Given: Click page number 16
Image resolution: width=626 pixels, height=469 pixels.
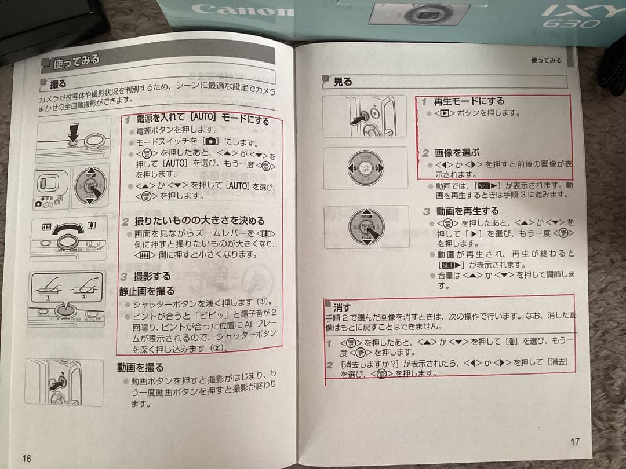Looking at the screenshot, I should click(x=27, y=457).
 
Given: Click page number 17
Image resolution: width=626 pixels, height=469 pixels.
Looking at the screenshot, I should click(x=574, y=442).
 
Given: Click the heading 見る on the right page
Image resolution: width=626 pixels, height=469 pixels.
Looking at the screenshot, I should click(x=342, y=82).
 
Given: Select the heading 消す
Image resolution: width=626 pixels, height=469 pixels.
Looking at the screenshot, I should click(x=343, y=306).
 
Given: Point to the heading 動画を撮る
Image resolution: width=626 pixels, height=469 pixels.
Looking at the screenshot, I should click(x=140, y=367).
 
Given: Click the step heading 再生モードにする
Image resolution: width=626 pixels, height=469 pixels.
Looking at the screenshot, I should click(x=469, y=101).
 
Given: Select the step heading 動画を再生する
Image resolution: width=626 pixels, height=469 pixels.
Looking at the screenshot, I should click(x=467, y=211).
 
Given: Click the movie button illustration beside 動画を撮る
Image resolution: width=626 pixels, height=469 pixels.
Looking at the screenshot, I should click(x=57, y=382).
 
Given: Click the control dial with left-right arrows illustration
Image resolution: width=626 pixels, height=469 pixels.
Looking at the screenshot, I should click(x=365, y=168).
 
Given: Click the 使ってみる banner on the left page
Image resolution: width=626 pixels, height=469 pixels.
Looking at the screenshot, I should click(x=75, y=60).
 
